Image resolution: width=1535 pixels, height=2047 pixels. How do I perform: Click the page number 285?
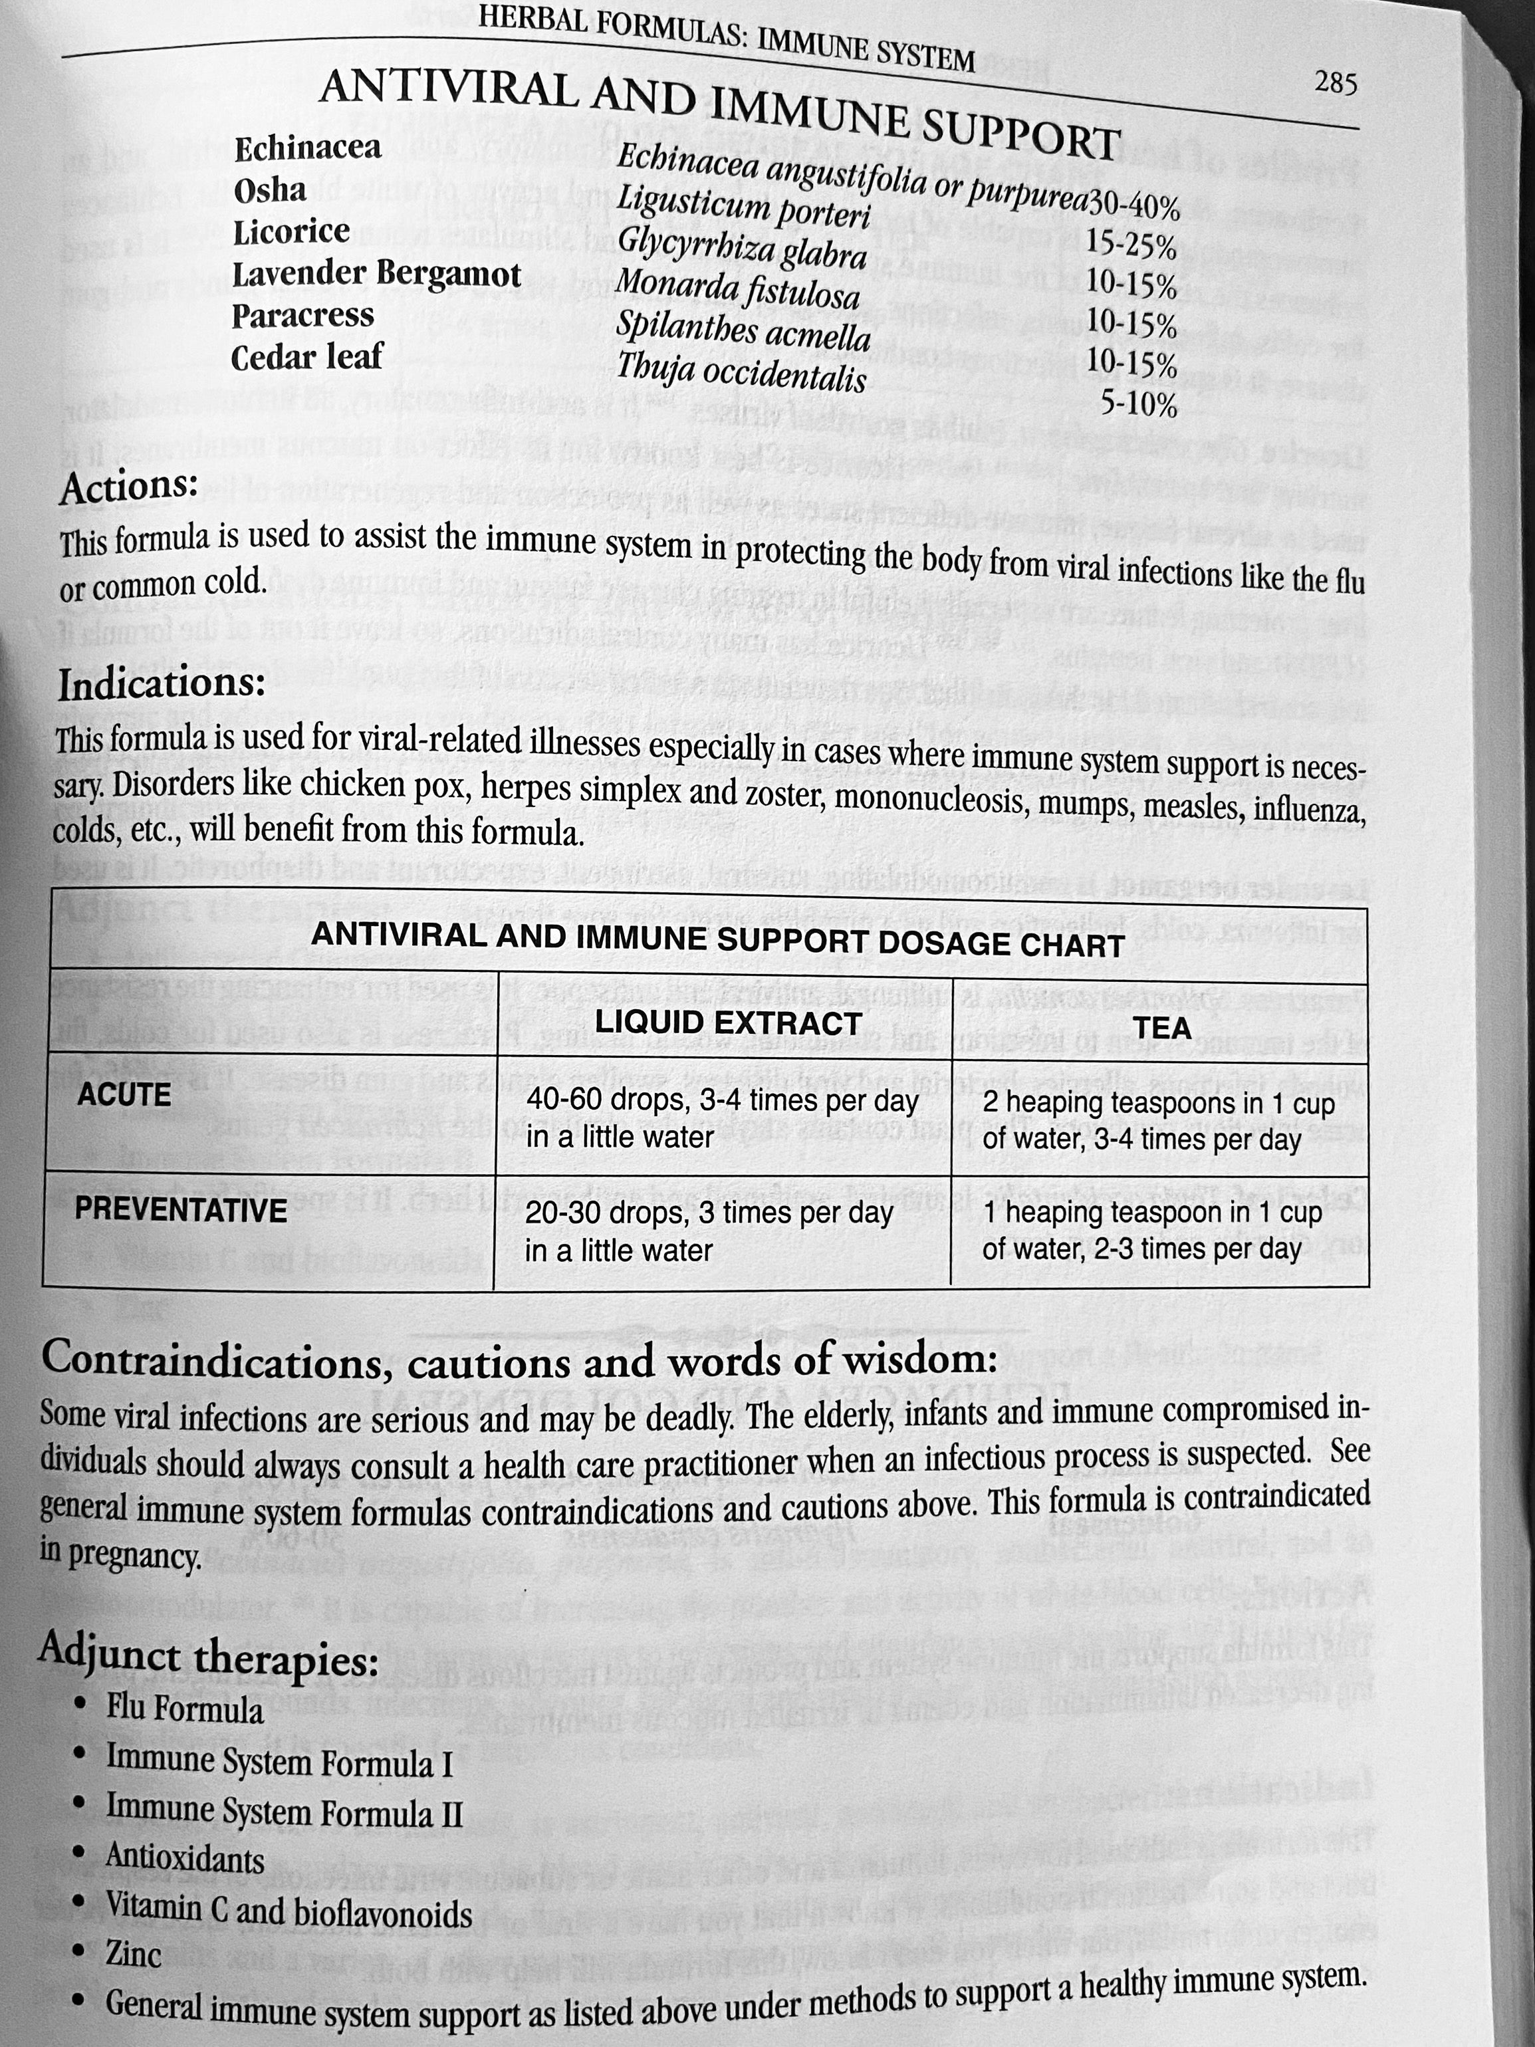(1335, 84)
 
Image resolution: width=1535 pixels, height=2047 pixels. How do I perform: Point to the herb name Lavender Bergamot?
(376, 274)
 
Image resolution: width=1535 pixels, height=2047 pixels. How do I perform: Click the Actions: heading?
(128, 487)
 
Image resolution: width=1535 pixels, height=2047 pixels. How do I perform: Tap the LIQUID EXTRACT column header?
(727, 1023)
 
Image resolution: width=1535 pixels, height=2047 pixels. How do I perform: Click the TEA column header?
(1162, 1027)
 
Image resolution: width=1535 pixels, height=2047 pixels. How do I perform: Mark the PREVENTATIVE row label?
(180, 1209)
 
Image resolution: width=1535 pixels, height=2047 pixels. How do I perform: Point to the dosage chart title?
(717, 940)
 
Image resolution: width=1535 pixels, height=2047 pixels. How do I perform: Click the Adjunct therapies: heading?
(208, 1657)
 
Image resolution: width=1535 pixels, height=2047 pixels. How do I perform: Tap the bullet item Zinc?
(133, 1953)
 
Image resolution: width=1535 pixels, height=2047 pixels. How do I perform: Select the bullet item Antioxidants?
(184, 1858)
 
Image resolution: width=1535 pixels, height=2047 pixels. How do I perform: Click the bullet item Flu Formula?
(184, 1709)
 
